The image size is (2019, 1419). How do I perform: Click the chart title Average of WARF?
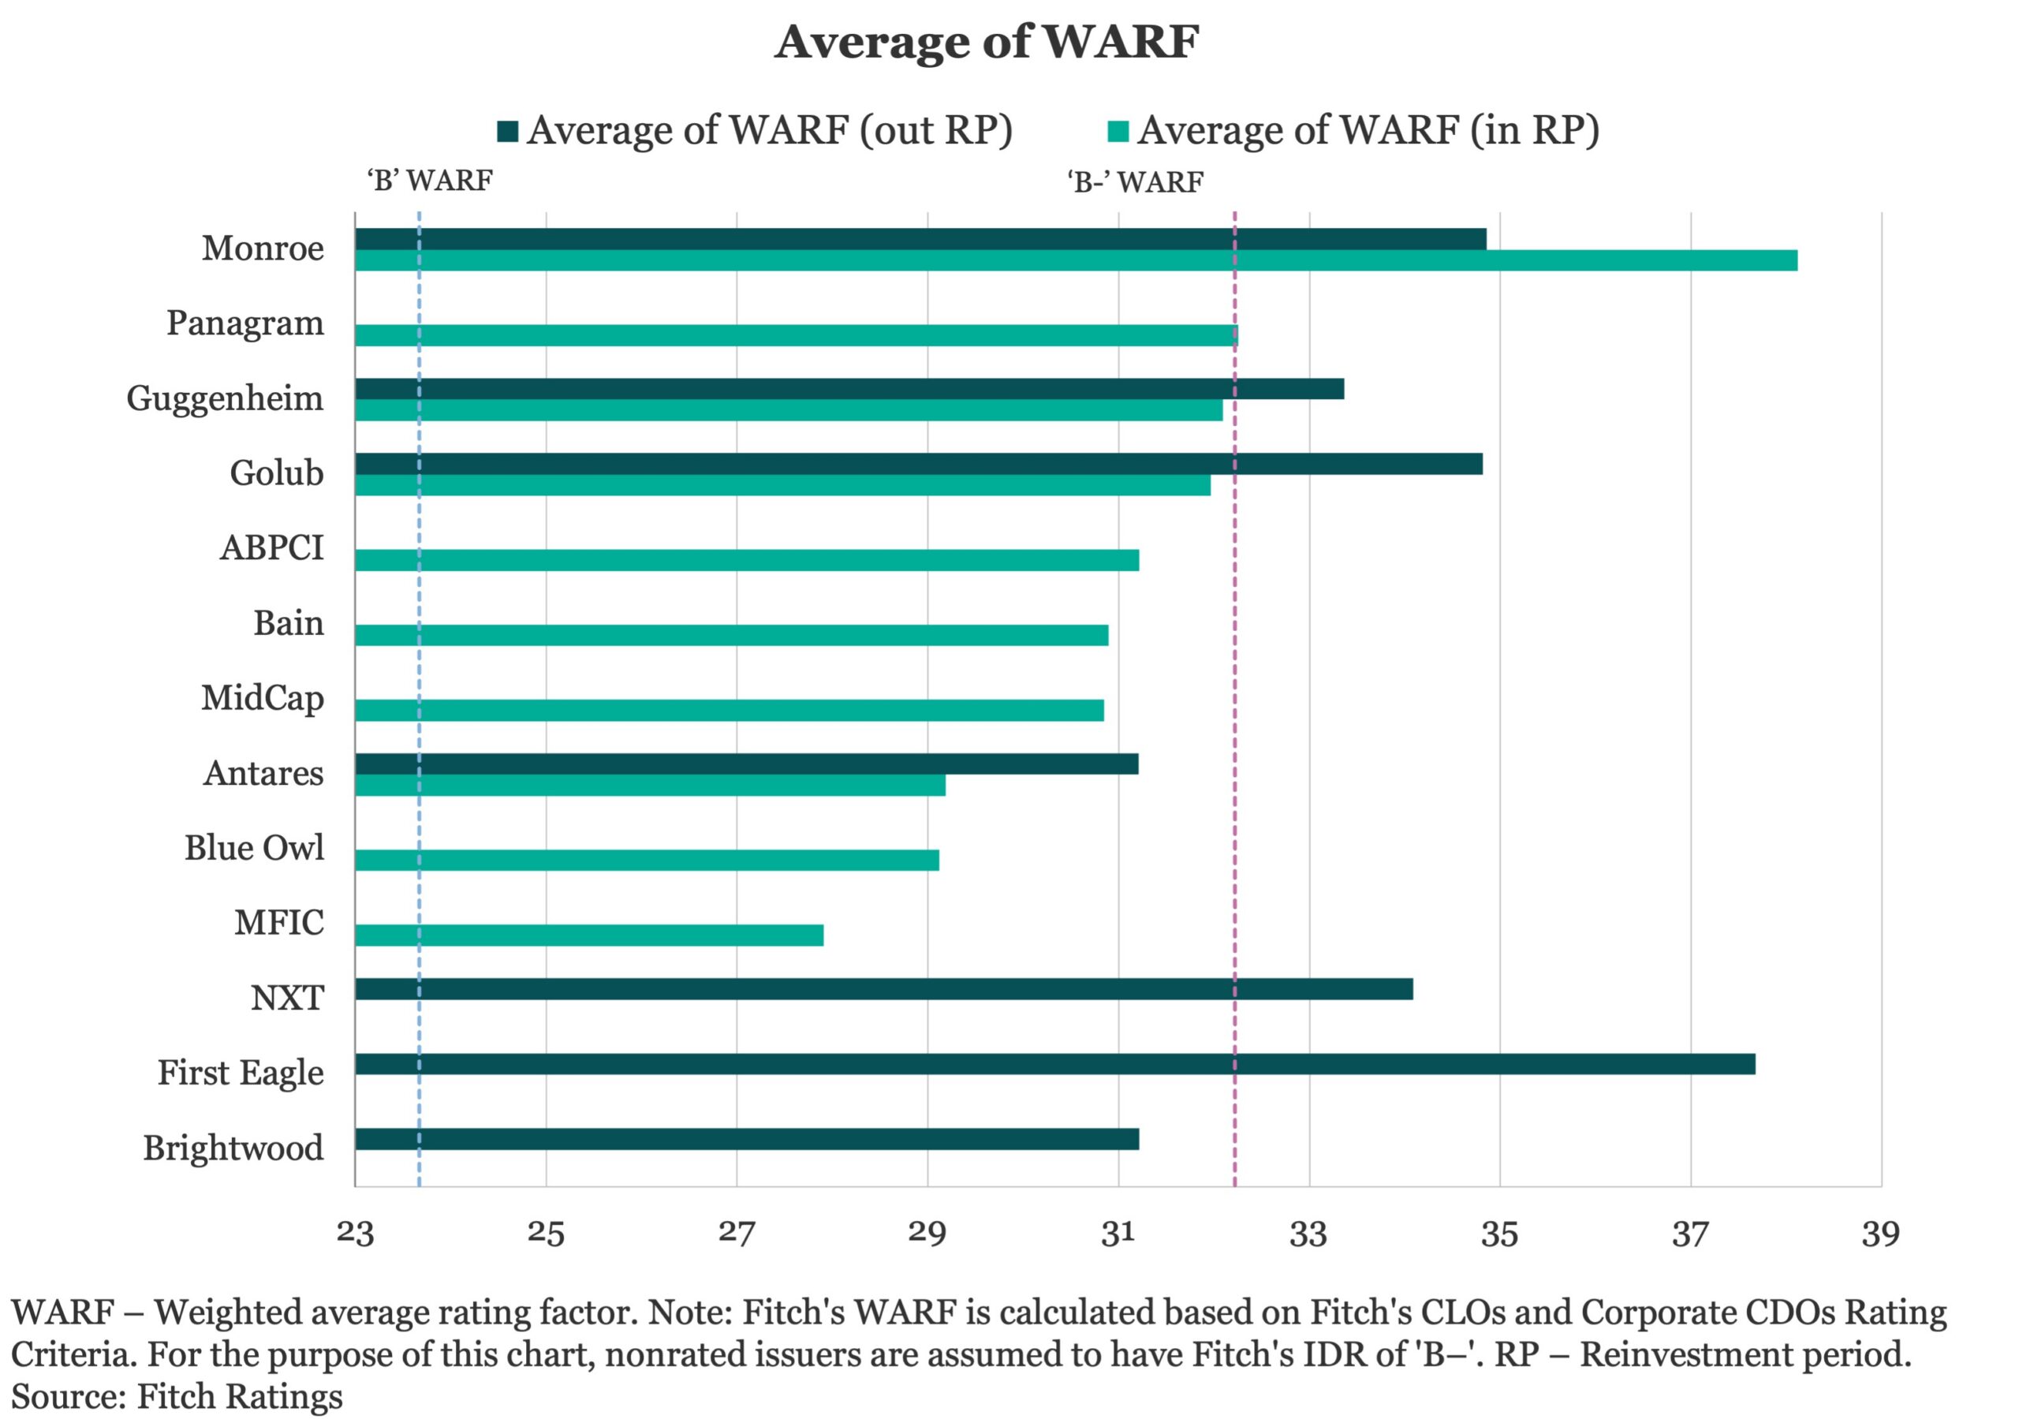(987, 41)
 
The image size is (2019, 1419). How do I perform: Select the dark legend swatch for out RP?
(507, 131)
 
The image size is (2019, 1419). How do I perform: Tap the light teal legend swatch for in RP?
(1118, 131)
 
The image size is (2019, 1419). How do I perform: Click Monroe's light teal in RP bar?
(1077, 260)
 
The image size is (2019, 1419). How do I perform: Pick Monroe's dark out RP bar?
(920, 239)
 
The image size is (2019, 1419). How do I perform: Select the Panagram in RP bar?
(797, 335)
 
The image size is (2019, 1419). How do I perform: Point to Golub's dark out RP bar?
(919, 464)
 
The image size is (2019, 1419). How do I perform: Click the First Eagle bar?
(1055, 1063)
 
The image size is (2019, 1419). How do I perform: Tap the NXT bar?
(885, 989)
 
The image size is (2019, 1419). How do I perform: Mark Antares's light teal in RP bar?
(651, 786)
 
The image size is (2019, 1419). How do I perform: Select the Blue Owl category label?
(254, 847)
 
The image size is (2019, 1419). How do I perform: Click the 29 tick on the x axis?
(927, 1233)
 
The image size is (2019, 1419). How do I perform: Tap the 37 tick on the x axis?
(1690, 1233)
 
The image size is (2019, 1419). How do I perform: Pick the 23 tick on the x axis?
(355, 1233)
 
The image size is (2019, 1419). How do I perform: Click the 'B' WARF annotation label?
(430, 181)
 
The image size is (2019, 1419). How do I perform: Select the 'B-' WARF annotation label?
(1135, 182)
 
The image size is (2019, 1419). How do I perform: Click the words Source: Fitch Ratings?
(177, 1396)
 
